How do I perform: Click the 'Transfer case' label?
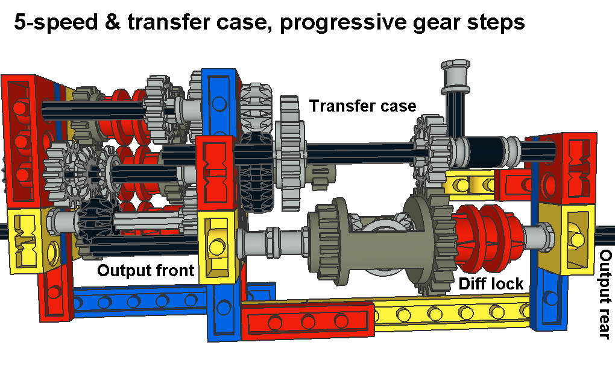362,106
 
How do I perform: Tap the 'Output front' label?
145,270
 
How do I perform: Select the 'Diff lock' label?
491,283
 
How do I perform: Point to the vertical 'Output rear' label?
605,294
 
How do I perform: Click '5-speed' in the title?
56,22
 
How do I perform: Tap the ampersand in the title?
113,21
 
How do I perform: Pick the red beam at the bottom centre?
307,321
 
